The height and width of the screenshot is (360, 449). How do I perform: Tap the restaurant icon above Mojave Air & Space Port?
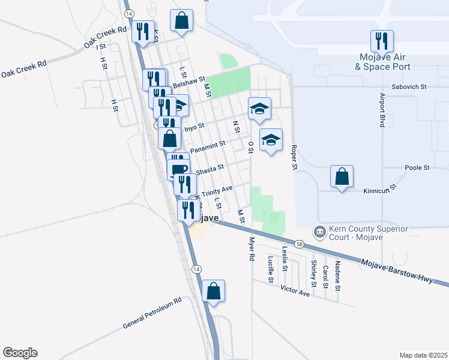[382, 41]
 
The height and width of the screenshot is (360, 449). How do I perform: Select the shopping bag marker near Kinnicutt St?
[342, 177]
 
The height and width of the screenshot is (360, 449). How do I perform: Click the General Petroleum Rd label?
[152, 314]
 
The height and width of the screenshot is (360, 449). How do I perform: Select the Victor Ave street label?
[295, 290]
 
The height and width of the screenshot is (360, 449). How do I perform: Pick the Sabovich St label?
[408, 87]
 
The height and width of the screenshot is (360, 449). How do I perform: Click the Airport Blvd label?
[382, 110]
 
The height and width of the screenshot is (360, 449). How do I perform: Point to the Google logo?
[20, 353]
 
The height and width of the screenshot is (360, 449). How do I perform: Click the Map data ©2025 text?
[423, 355]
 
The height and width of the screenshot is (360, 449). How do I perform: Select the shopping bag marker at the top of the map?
[181, 21]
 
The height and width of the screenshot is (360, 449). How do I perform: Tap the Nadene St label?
[339, 276]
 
